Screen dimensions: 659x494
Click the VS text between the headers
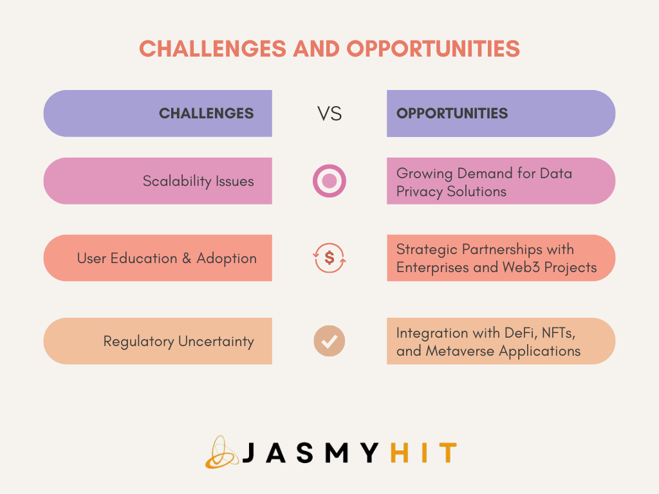[329, 114]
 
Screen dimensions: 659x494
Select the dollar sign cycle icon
[329, 257]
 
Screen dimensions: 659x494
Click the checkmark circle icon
[329, 341]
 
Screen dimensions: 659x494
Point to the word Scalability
[177, 181]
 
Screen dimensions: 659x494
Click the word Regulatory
[139, 342]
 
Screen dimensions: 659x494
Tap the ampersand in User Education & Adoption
[187, 259]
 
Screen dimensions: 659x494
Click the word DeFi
[521, 333]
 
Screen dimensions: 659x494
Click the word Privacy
[420, 192]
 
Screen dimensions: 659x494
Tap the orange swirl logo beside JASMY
[221, 452]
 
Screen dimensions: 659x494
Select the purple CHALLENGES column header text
[206, 113]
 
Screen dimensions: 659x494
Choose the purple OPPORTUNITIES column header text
[452, 113]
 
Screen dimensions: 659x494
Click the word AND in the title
[317, 49]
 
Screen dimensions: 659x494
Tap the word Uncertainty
[216, 341]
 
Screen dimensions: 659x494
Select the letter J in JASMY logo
[249, 453]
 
